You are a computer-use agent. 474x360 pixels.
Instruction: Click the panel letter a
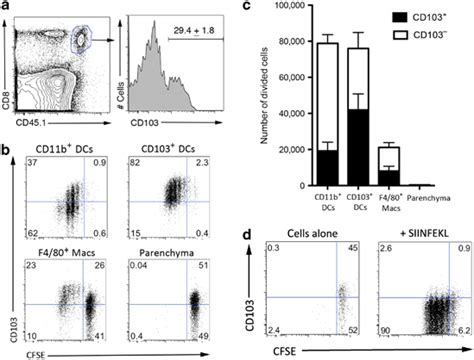(x=7, y=9)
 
